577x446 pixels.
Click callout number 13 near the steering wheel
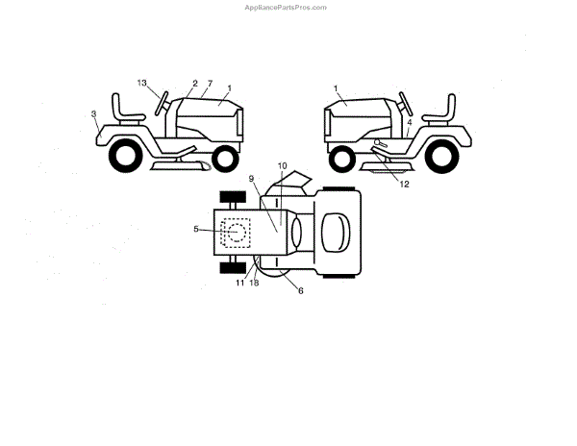point(142,84)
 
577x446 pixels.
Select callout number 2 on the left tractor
point(194,84)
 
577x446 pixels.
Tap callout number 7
point(210,84)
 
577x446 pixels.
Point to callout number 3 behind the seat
point(94,114)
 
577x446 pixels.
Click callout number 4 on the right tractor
point(409,123)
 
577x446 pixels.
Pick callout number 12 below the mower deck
point(405,184)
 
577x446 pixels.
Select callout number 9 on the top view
point(251,179)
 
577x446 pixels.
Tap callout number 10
point(283,166)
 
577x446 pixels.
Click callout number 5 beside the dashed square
point(196,229)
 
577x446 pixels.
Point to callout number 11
point(239,283)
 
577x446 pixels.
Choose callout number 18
point(255,283)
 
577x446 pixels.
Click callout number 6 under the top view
point(301,289)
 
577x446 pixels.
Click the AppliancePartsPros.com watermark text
point(288,7)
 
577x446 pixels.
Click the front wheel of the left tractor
point(226,157)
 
